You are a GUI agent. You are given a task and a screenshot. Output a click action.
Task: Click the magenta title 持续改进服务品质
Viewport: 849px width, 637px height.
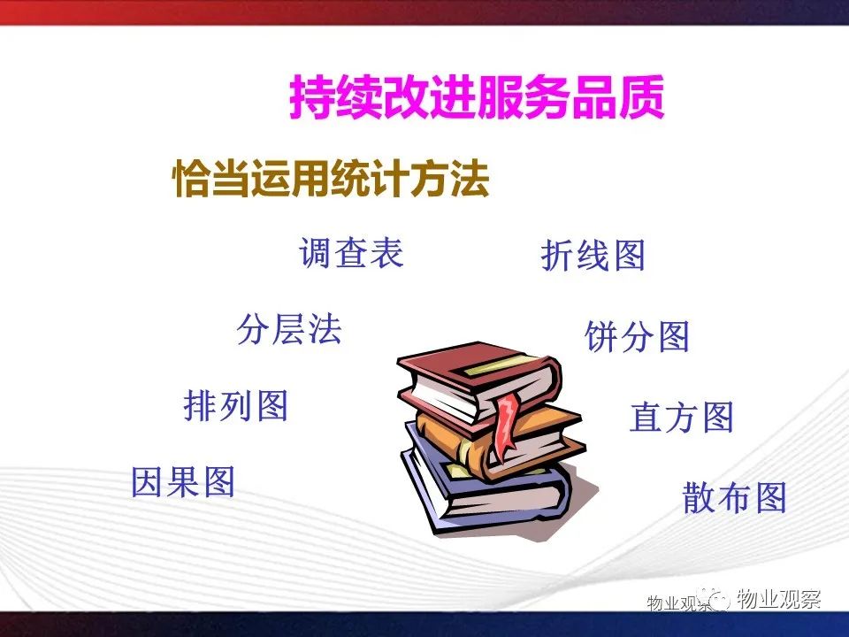(477, 97)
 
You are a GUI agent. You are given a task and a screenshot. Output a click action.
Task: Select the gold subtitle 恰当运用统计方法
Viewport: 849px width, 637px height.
(331, 178)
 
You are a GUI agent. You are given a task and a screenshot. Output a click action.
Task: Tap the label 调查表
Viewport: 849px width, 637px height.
(351, 252)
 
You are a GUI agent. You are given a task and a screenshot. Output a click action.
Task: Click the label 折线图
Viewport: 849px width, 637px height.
(593, 255)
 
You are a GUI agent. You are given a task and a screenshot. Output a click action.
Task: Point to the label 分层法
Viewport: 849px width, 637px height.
(289, 329)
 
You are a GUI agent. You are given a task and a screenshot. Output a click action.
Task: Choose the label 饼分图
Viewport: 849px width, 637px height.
(638, 336)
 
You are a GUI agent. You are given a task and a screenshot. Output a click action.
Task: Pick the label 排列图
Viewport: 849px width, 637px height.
(235, 405)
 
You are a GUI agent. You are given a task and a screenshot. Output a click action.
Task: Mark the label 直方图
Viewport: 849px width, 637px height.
(682, 416)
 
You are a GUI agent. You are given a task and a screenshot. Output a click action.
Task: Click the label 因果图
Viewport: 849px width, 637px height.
(183, 481)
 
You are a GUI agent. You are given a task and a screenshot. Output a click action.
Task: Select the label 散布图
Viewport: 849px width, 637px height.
(735, 497)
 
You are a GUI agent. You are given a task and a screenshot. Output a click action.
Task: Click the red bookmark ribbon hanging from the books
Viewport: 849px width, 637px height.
(506, 426)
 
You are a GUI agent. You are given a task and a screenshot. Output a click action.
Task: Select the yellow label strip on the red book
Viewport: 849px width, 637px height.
(492, 365)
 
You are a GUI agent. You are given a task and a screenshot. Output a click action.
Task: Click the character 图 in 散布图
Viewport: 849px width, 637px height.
(770, 497)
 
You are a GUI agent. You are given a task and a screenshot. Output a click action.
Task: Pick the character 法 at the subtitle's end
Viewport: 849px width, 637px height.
(470, 178)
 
